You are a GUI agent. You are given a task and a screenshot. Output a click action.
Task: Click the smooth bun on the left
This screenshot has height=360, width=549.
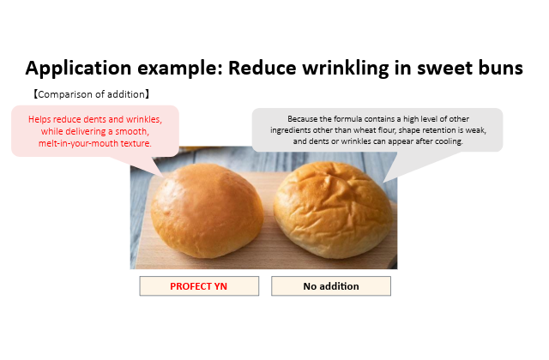point(207,211)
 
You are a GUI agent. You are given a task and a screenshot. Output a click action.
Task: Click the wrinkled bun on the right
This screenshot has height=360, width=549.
point(333,210)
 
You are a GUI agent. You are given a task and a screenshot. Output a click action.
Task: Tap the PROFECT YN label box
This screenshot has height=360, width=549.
point(199,286)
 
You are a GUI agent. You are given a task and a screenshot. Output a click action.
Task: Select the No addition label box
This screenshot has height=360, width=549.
point(331,286)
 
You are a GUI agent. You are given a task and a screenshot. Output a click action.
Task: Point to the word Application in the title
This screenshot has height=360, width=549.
point(78,69)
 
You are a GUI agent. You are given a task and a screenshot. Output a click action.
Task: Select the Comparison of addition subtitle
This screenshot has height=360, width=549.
point(92,94)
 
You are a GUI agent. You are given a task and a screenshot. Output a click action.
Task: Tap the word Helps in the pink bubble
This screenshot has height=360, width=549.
point(39,120)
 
